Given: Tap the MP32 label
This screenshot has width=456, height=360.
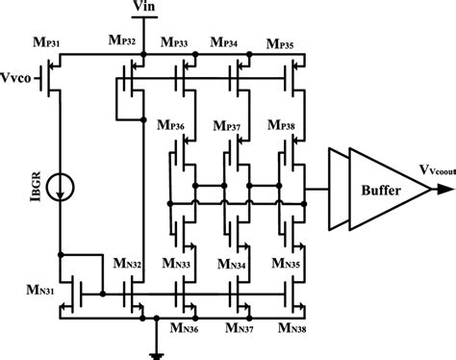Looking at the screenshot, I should tap(119, 41).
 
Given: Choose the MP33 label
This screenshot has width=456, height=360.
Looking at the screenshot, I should tap(176, 42).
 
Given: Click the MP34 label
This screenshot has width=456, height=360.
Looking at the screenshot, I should tap(229, 42).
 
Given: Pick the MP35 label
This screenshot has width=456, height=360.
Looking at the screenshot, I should tap(282, 42).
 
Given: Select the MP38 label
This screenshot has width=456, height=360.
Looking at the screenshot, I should tap(282, 126).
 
